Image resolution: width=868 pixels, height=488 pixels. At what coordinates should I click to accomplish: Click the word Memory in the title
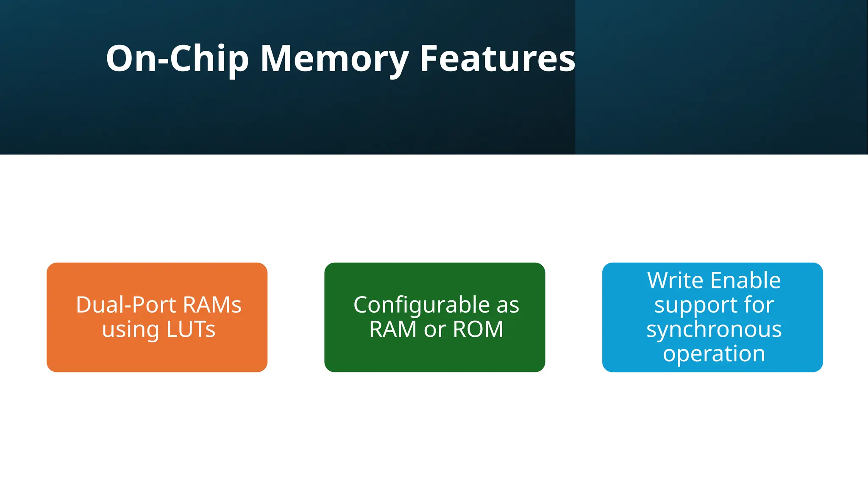(335, 59)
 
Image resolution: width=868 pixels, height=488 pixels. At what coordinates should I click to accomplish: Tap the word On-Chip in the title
(177, 59)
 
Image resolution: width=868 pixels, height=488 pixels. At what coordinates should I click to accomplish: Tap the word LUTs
(191, 330)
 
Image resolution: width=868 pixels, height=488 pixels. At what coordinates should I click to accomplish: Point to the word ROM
(478, 330)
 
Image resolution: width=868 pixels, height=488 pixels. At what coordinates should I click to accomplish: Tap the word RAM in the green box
(393, 330)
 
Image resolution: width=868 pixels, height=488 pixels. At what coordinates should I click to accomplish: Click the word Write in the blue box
(676, 280)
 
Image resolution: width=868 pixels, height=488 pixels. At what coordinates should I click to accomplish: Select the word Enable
(746, 280)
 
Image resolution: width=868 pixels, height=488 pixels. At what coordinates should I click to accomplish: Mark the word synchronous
(714, 330)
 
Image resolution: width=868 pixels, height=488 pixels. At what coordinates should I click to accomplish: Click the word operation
(714, 354)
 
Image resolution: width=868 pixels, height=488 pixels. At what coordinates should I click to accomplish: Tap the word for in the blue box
(759, 305)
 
